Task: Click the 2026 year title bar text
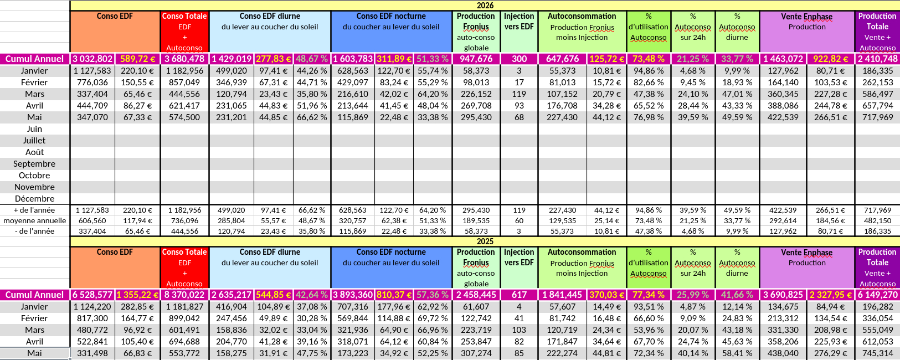point(485,5)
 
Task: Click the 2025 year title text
point(485,241)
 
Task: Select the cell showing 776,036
point(92,83)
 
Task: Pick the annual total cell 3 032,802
point(92,59)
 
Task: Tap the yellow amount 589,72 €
point(137,59)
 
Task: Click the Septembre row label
point(34,164)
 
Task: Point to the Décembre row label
point(34,199)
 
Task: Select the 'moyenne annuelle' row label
point(34,220)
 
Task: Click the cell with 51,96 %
point(312,106)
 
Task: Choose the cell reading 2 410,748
point(877,59)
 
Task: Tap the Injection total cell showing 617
point(519,295)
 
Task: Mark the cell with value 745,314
point(877,353)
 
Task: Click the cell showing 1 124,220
point(92,307)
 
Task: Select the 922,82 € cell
point(830,59)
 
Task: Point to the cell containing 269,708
point(476,106)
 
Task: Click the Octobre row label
point(34,176)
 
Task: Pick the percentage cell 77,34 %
point(648,295)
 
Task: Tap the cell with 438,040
point(783,353)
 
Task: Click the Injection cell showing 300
point(519,59)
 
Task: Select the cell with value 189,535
point(476,220)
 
